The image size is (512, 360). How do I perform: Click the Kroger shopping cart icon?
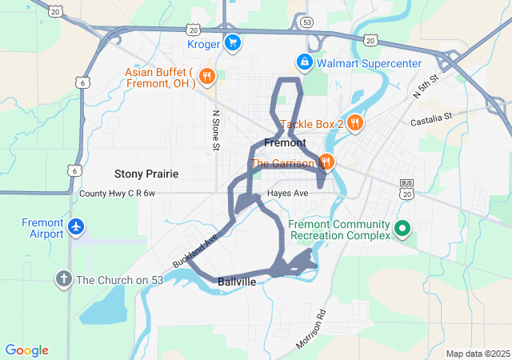pos(232,43)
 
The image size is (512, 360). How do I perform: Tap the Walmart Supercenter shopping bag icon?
pos(305,62)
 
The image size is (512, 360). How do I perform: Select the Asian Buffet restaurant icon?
pos(206,77)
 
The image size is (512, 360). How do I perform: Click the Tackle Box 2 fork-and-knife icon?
pos(356,123)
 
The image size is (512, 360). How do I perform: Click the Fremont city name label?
pos(284,143)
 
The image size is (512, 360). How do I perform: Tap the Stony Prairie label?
pos(146,174)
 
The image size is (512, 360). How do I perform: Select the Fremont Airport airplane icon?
pos(76,227)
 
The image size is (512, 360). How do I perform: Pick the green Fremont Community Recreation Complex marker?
pos(403,230)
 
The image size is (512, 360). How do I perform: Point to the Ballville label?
pos(237,282)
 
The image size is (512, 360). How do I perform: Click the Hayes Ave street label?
pos(289,194)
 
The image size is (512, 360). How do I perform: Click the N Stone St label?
pos(215,131)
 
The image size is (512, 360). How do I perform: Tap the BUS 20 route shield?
pos(406,190)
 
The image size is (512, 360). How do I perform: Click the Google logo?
pos(27,350)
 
